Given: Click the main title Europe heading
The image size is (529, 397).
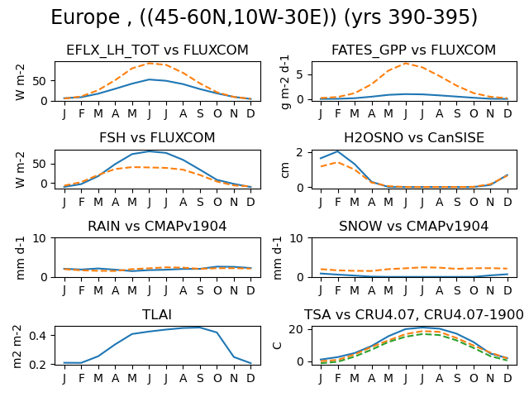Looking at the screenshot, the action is pos(264,17).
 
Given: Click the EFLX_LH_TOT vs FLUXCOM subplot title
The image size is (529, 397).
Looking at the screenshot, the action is pos(157,50).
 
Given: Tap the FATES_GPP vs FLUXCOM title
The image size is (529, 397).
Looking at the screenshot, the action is pos(413,50).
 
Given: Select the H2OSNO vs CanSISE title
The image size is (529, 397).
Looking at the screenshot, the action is pos(414,138).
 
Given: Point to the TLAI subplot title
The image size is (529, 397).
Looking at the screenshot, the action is pos(157,314).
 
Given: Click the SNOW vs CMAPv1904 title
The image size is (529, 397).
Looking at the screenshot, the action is pos(413,226).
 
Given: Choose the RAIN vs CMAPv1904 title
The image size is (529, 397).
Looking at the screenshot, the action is pos(157,226).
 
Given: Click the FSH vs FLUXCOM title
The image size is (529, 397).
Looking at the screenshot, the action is pos(157,138).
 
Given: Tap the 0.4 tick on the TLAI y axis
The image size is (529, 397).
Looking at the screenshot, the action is pos(37,336).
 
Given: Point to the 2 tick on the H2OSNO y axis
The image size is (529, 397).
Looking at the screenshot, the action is pos(299,152).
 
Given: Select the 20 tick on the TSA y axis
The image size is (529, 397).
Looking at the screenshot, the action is pos(296,329).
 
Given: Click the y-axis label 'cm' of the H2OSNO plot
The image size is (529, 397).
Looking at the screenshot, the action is pos(285,170).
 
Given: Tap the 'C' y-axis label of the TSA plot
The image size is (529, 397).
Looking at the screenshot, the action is pos(278,346).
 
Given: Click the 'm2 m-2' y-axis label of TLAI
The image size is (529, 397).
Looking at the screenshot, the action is pos(17,346).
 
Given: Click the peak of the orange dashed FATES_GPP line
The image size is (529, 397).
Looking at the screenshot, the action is pos(406,64).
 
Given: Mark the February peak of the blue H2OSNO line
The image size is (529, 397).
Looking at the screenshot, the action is pos(338,151).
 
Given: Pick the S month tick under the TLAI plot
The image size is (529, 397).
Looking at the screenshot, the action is pos(200,379).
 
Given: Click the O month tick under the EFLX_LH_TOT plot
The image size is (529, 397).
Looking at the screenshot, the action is pos(217,114).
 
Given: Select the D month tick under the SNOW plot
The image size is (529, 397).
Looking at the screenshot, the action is pos(508,290).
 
